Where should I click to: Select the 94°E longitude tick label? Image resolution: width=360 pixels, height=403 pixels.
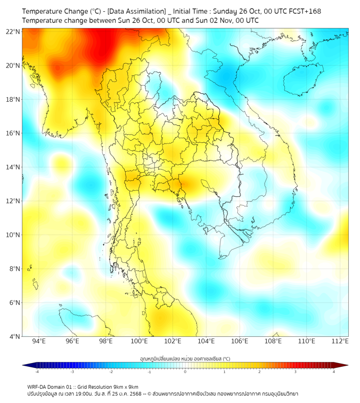point(39,342)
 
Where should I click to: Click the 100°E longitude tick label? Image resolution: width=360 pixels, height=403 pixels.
point(140,342)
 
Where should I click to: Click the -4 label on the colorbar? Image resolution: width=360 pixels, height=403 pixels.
point(37,372)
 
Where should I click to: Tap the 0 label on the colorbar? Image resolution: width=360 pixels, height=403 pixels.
point(185,372)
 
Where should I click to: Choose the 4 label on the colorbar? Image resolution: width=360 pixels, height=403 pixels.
point(334,372)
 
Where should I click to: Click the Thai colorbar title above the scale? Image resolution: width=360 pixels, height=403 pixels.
point(185,358)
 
